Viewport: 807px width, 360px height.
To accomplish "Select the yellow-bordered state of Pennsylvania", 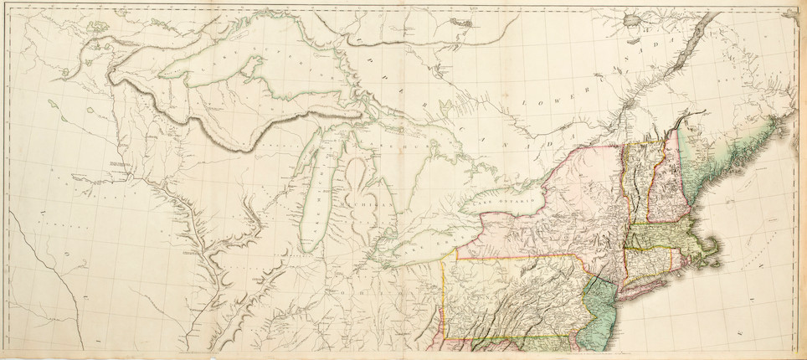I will coord(511,301).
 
